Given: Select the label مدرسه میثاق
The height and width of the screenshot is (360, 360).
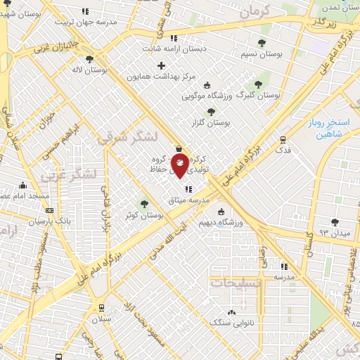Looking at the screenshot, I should point(184,200).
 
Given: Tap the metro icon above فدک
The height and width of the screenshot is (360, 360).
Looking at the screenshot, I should point(283,139).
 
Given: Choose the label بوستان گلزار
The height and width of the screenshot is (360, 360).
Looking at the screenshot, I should point(215,122).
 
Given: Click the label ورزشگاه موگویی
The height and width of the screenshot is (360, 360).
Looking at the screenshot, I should point(205,96).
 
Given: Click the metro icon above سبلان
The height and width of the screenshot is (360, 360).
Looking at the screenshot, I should point(103,307).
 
